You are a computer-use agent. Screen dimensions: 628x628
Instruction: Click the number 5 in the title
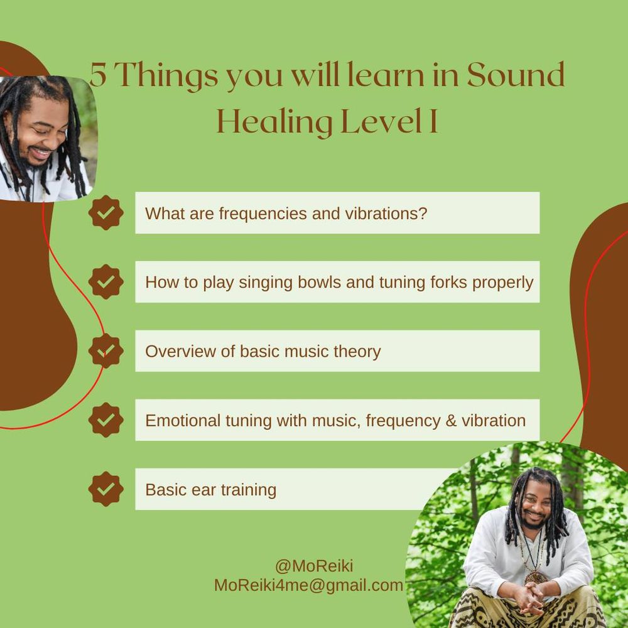[x=99, y=75]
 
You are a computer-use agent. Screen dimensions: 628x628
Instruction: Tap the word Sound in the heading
[x=516, y=75]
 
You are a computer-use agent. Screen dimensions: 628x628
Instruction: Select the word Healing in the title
[x=274, y=122]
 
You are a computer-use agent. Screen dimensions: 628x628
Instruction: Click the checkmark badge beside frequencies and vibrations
[x=106, y=213]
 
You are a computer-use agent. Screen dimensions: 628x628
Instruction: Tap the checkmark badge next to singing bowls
[x=106, y=281]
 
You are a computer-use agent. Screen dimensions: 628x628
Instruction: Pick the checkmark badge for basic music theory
[x=106, y=351]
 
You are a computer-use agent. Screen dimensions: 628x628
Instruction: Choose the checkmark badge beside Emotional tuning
[x=106, y=420]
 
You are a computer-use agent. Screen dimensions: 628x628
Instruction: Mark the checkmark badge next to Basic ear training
[x=106, y=489]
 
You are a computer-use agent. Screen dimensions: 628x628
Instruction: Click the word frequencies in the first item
[x=263, y=214]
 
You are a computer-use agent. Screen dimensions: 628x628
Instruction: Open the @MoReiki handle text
[x=314, y=566]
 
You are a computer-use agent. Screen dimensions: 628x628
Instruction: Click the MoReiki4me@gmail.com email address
[x=308, y=585]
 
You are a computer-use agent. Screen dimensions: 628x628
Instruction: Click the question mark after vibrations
[x=423, y=213]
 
